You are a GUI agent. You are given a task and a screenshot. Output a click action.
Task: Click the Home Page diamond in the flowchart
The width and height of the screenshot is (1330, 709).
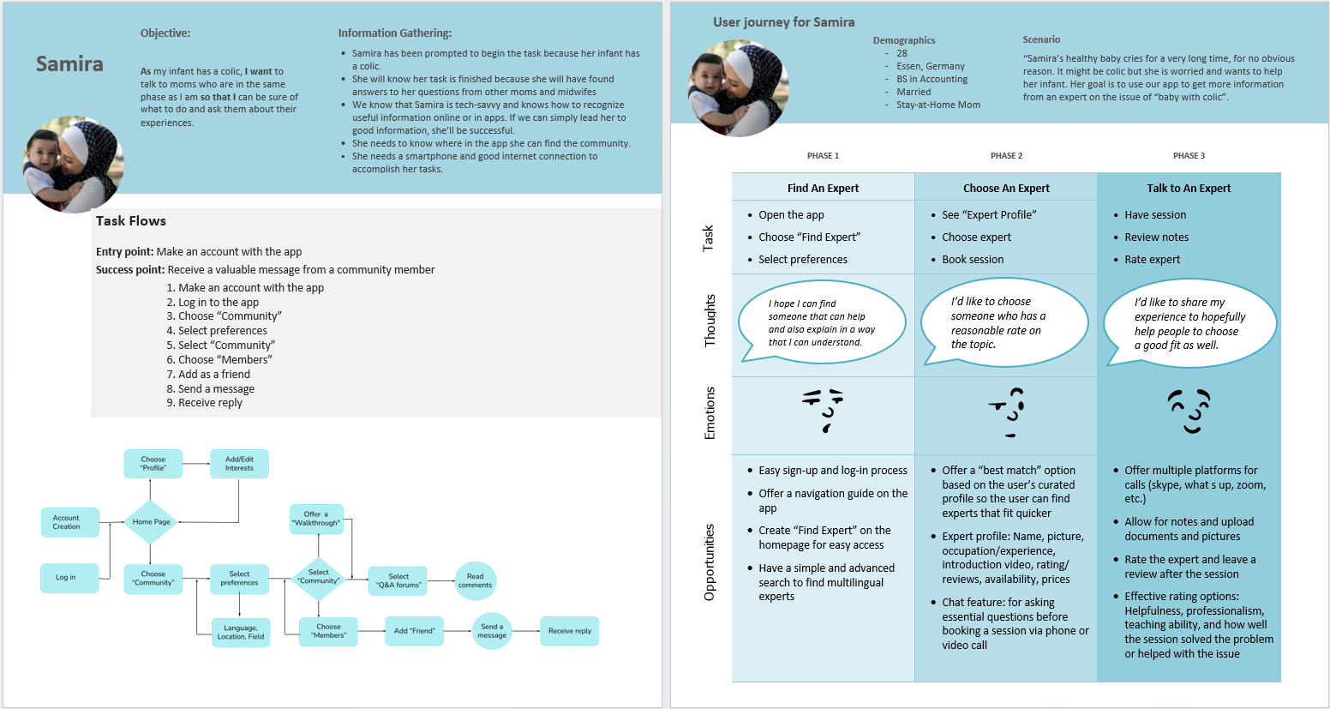click(150, 522)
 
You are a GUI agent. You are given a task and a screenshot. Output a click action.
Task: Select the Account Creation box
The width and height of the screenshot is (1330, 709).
click(70, 523)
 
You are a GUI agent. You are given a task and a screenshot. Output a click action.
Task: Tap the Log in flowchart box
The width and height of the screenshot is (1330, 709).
click(69, 578)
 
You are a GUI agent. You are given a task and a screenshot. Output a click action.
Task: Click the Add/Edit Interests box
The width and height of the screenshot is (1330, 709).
click(239, 464)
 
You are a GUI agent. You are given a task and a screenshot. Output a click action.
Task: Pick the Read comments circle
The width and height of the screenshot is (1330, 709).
click(475, 580)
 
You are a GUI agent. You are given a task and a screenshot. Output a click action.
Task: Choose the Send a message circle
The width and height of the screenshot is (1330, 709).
click(492, 631)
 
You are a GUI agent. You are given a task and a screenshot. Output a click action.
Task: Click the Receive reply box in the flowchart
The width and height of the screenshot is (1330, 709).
click(569, 631)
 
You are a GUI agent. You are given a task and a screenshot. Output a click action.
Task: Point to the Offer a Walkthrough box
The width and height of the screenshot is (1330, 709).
click(316, 519)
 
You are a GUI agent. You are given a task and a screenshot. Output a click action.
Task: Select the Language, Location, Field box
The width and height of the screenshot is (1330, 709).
click(241, 633)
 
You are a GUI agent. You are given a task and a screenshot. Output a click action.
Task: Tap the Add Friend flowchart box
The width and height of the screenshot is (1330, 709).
click(415, 631)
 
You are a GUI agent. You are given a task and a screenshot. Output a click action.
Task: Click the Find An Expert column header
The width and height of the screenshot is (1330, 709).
click(823, 189)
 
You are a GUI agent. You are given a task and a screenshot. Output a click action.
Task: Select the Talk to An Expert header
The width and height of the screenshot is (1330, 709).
click(1189, 189)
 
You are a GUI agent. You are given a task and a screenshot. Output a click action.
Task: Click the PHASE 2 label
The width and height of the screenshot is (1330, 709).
click(1006, 155)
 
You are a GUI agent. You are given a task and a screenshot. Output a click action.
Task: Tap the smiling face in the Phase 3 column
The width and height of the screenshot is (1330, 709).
click(1189, 411)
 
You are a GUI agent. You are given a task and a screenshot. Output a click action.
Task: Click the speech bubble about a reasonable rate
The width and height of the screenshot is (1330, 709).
click(1004, 322)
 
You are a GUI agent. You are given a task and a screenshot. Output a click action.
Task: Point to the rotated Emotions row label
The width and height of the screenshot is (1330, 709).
click(710, 413)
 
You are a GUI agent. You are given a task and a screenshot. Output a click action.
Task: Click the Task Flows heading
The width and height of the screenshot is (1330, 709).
click(131, 221)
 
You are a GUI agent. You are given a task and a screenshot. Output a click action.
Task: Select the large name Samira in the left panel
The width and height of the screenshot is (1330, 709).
click(69, 63)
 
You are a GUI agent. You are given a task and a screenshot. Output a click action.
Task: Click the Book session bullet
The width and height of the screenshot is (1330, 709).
click(973, 260)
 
